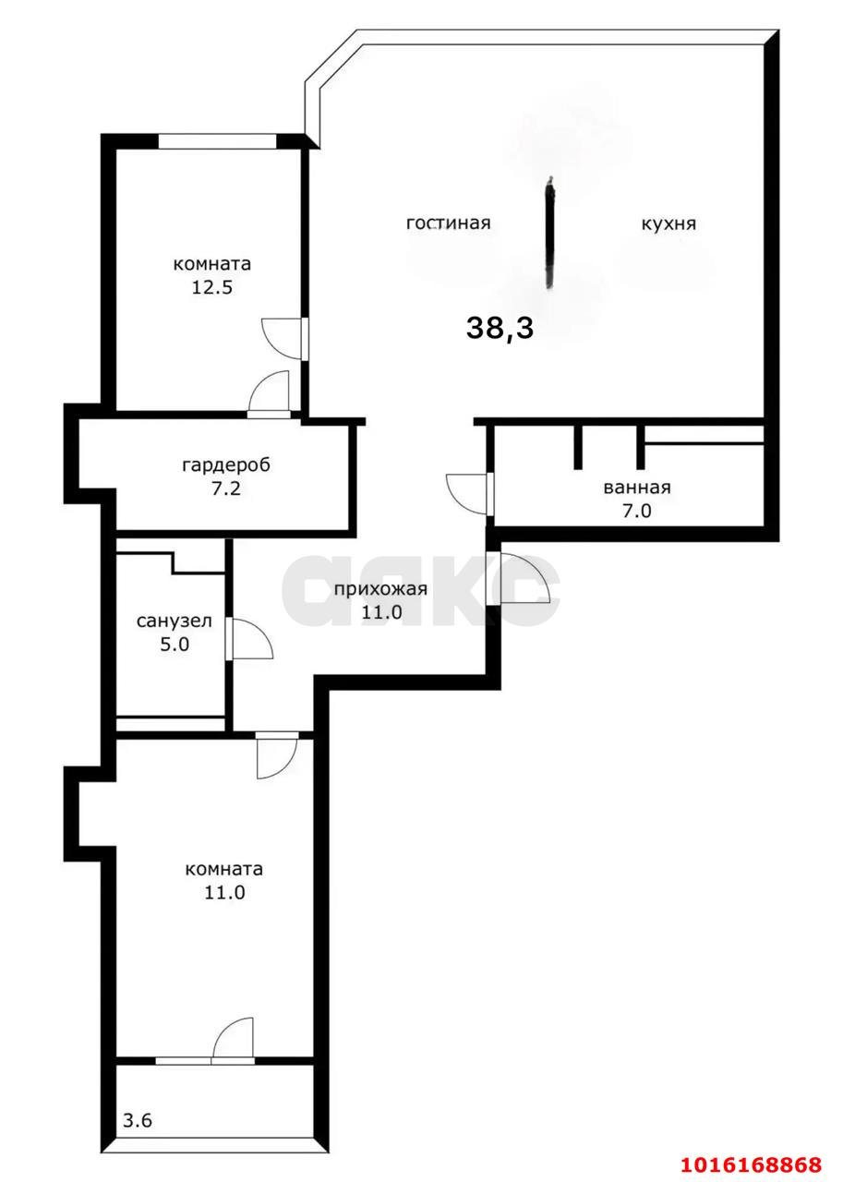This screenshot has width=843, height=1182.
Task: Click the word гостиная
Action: click(x=448, y=223)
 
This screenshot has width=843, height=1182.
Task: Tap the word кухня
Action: click(x=668, y=223)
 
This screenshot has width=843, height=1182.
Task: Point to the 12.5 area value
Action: click(x=211, y=286)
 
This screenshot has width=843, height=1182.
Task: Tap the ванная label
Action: click(x=636, y=488)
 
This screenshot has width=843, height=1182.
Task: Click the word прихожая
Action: click(x=380, y=590)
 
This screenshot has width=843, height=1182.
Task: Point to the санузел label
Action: click(x=175, y=621)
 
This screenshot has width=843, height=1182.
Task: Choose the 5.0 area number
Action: click(x=175, y=645)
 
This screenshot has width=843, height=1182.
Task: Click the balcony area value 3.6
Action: click(x=138, y=1122)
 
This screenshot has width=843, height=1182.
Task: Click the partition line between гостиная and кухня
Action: click(x=550, y=233)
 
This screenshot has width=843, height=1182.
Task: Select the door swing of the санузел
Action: click(x=252, y=639)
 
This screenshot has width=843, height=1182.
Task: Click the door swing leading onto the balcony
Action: click(x=233, y=1041)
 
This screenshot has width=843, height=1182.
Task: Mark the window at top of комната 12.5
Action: click(x=217, y=141)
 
